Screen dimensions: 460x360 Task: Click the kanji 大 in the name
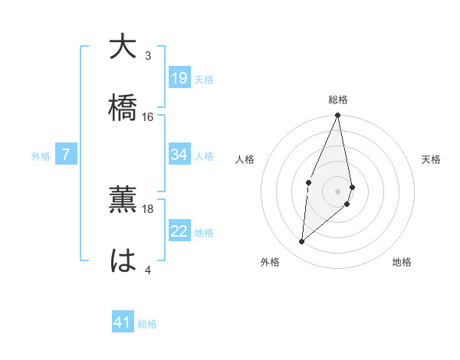(x=123, y=47)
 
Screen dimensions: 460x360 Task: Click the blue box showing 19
(x=179, y=77)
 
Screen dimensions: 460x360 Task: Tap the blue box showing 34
(x=179, y=155)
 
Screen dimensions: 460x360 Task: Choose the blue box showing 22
(x=179, y=231)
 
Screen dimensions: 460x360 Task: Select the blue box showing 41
(x=123, y=322)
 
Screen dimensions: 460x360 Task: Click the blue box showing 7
(x=66, y=155)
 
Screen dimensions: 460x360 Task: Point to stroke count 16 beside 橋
(x=148, y=116)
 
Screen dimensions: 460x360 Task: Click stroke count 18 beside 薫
(x=148, y=208)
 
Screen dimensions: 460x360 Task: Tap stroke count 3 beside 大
(x=148, y=55)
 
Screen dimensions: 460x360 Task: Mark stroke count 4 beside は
(x=148, y=270)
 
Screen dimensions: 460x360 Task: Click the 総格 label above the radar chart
(x=338, y=100)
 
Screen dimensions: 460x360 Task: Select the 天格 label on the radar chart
(x=431, y=159)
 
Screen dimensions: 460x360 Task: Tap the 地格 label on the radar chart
(x=402, y=262)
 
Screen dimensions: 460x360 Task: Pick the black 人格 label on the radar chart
(x=245, y=159)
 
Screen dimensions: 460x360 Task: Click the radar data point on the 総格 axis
(x=337, y=116)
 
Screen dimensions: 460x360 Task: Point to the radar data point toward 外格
(x=302, y=242)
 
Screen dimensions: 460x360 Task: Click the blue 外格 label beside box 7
(x=41, y=155)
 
